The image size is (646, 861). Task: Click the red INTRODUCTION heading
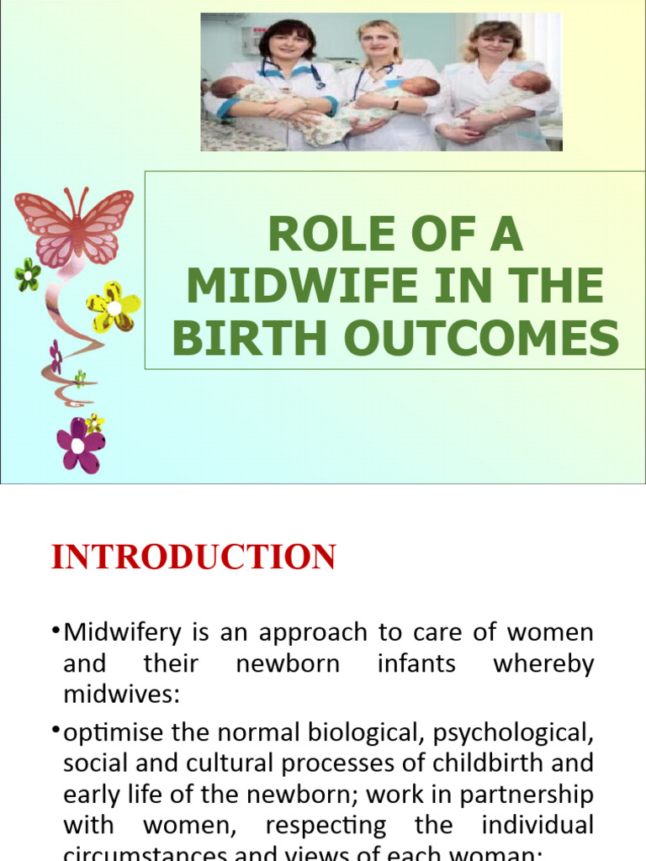pyautogui.click(x=193, y=557)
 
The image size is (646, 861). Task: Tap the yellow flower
pyautogui.click(x=113, y=306)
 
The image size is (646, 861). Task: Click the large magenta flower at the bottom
pyautogui.click(x=80, y=445)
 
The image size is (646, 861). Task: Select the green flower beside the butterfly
pyautogui.click(x=27, y=274)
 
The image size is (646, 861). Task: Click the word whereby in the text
pyautogui.click(x=543, y=663)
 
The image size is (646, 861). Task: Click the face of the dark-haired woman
pyautogui.click(x=287, y=45)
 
